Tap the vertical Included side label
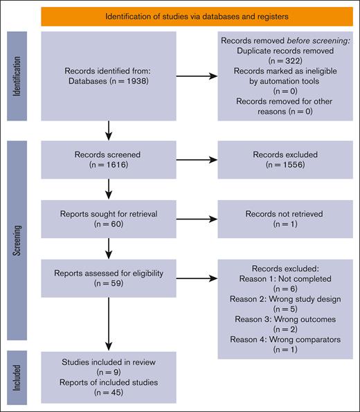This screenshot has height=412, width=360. (x=15, y=378)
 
